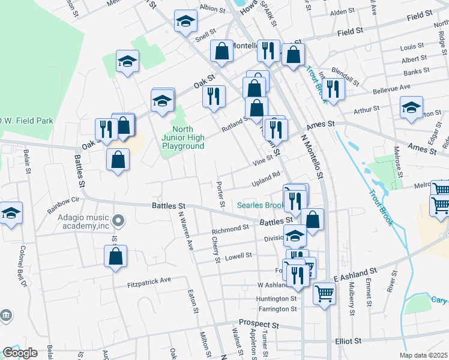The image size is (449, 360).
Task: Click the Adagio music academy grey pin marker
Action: pos(118,221)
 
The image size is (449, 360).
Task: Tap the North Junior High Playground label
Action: pos(188,137)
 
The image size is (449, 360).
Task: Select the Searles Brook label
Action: pos(261,205)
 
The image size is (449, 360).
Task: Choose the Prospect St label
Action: pos(259,324)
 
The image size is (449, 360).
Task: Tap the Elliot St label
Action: pos(349,340)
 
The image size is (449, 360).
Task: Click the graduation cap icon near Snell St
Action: pos(186,22)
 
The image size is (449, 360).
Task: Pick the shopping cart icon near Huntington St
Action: pos(324,293)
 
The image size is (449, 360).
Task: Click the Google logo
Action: pos(20,353)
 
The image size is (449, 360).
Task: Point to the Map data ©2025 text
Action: pos(424,355)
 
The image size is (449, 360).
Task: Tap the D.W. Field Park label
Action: pos(26,121)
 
